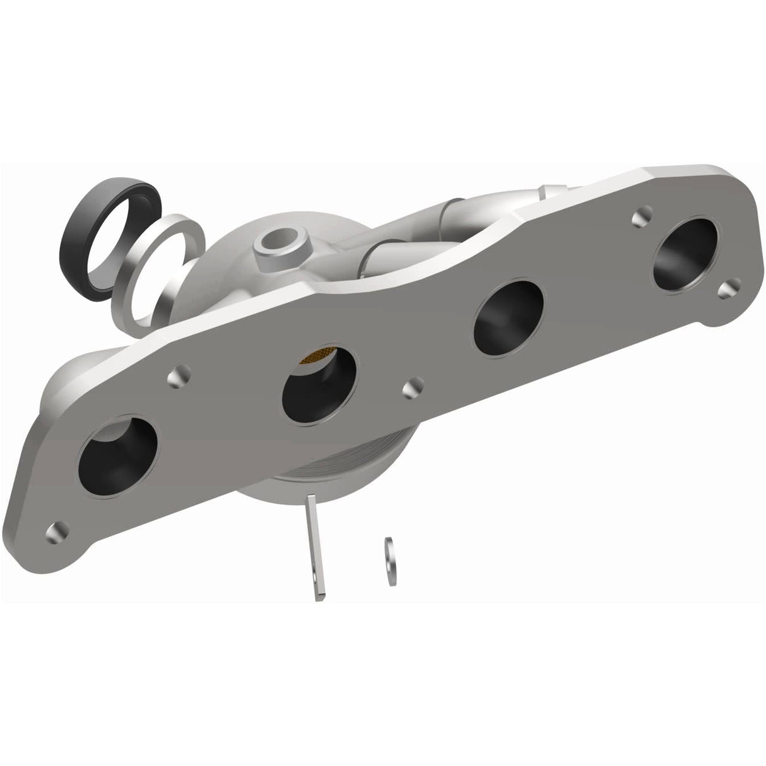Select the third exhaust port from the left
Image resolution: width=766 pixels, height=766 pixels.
pos(509,310)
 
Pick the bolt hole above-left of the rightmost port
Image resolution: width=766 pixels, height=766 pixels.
pos(641,217)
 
